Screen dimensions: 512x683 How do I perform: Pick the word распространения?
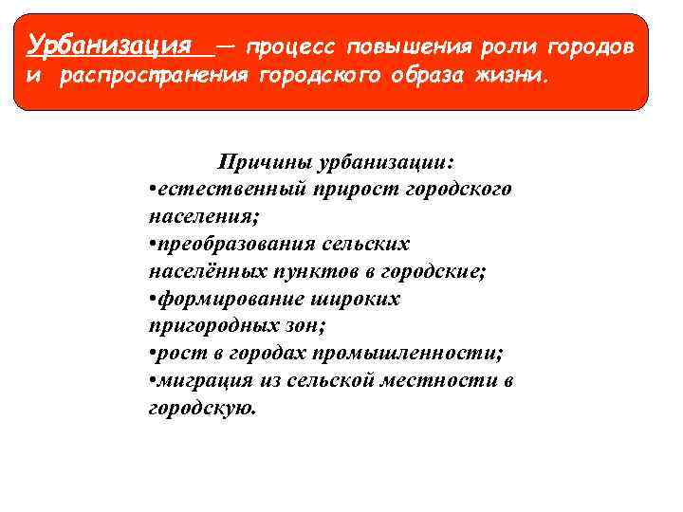(x=156, y=77)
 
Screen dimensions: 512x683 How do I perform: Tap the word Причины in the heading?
(x=257, y=163)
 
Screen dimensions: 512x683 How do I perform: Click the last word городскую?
(x=201, y=409)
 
